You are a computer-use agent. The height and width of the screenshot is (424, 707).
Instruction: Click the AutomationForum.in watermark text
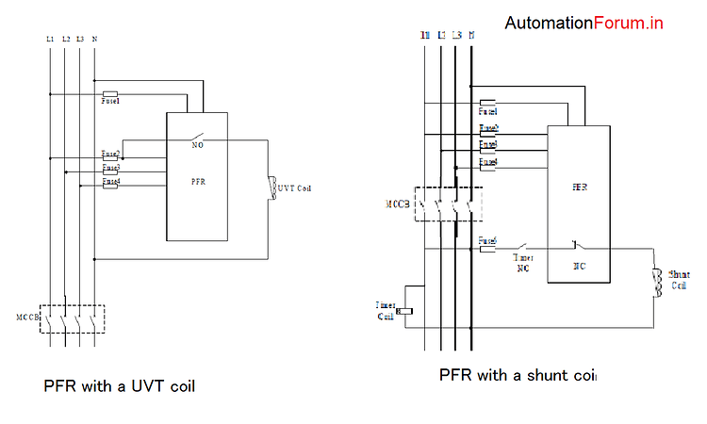[x=584, y=23]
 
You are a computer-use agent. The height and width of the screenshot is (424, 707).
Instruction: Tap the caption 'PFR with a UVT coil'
[x=119, y=386]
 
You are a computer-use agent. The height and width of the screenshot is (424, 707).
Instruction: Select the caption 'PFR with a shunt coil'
[x=518, y=375]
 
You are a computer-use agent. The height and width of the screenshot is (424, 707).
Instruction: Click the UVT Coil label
[x=294, y=188]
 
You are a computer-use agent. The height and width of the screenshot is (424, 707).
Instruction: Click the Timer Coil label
[x=386, y=310]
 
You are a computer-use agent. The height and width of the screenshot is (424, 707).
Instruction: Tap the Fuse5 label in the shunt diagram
[x=488, y=239]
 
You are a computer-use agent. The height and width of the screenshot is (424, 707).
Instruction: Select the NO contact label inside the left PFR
[x=198, y=146]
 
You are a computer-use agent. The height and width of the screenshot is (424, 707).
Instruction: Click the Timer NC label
[x=524, y=262]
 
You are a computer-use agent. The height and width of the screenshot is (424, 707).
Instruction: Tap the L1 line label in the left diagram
[x=49, y=39]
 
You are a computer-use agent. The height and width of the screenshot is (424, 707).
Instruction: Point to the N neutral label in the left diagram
[x=94, y=39]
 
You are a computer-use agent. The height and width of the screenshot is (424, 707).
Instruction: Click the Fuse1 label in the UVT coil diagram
[x=110, y=101]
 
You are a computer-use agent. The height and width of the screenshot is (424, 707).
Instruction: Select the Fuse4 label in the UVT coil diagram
[x=110, y=180]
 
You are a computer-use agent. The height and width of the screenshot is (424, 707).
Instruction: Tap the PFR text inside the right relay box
[x=580, y=188]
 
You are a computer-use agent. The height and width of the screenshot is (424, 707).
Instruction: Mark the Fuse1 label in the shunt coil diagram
[x=488, y=110]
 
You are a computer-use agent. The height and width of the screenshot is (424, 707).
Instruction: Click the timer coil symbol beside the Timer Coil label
[x=407, y=312]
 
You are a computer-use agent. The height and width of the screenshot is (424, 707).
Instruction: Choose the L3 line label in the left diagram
[x=80, y=39]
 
